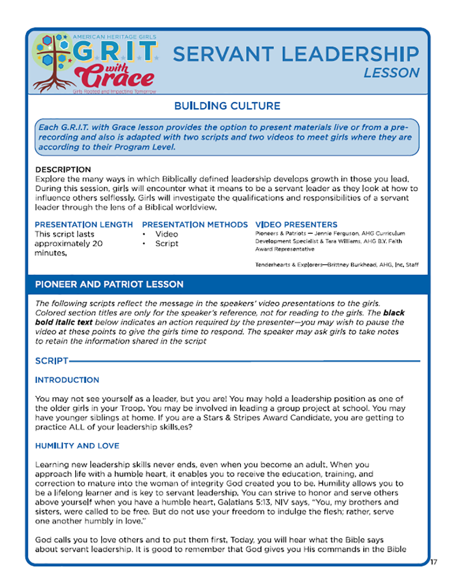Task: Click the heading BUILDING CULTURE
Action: tap(227, 106)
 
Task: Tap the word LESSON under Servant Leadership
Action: tap(391, 73)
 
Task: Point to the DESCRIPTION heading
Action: tap(63, 170)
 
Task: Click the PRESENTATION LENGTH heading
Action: tap(84, 225)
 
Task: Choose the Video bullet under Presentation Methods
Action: tap(167, 234)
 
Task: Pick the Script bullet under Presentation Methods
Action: tap(167, 244)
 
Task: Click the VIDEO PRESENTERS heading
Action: tap(296, 225)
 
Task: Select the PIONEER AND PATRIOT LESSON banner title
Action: tap(109, 284)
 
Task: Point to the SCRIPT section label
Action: tap(51, 361)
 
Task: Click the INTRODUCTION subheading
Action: tap(67, 380)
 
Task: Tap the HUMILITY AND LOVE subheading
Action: tap(77, 446)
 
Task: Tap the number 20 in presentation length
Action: tap(97, 244)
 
